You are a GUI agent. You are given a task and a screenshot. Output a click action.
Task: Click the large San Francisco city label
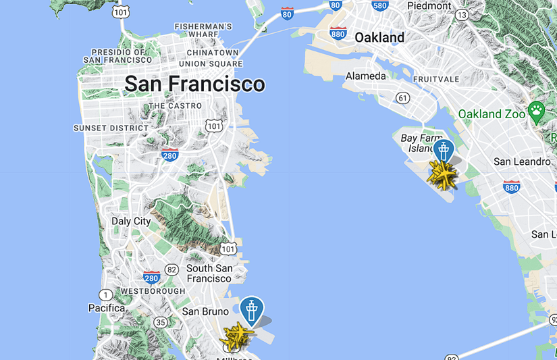coord(194,84)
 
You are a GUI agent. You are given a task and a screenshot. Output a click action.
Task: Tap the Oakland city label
coord(379,37)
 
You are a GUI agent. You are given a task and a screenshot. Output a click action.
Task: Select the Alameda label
coord(366,76)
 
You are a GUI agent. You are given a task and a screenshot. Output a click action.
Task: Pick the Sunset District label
coord(111,128)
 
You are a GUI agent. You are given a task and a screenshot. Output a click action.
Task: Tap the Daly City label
coord(131,222)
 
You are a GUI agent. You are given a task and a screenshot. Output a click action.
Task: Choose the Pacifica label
coord(107,308)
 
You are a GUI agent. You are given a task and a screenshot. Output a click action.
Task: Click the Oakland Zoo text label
coord(492,114)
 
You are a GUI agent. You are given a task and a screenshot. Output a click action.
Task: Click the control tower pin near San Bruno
coord(252,311)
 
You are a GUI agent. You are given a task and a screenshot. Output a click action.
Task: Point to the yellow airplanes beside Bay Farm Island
coord(443,176)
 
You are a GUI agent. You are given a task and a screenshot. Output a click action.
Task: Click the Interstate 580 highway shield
coord(380,6)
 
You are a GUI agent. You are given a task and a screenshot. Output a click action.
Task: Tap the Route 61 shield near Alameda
coord(403,99)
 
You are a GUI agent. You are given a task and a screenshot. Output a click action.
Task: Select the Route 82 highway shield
coord(172,269)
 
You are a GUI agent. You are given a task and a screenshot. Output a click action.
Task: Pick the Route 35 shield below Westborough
coord(161,322)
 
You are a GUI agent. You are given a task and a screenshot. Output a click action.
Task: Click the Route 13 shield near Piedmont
coord(462,14)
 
